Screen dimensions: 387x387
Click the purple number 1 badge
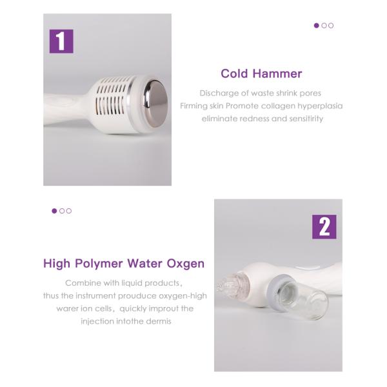[x=61, y=41]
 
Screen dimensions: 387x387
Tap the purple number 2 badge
[x=324, y=226]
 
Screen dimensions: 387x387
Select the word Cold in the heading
[x=235, y=74]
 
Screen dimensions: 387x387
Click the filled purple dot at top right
[x=316, y=26]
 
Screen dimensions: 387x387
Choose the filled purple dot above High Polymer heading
[x=54, y=211]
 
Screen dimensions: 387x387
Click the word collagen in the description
[x=279, y=106]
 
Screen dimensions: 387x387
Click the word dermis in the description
[x=158, y=321]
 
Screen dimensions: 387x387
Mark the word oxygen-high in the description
[x=183, y=295]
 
